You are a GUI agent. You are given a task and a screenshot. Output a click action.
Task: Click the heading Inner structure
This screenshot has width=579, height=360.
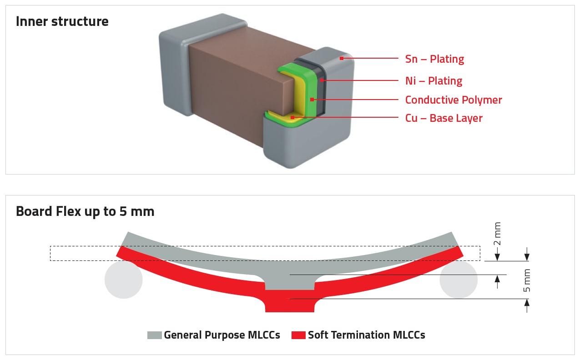(x=62, y=21)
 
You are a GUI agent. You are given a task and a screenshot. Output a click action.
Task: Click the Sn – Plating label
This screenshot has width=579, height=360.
(x=434, y=59)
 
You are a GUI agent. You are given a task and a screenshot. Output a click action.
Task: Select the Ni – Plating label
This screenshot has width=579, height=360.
(x=433, y=81)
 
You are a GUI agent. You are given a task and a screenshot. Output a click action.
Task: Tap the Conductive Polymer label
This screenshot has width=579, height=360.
(x=453, y=100)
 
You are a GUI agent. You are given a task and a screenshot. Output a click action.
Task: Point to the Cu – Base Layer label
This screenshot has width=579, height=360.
(x=443, y=118)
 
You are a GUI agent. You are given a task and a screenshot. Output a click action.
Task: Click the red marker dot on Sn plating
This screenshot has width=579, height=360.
(x=341, y=59)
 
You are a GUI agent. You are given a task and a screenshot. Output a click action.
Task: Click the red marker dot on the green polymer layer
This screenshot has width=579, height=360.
(x=312, y=99)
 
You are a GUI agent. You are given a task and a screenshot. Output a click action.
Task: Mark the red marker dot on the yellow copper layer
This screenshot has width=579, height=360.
(x=292, y=118)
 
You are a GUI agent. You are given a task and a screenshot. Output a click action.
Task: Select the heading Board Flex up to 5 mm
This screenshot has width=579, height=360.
(x=85, y=211)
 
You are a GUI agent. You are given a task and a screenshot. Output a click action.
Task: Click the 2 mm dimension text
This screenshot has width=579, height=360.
(x=497, y=234)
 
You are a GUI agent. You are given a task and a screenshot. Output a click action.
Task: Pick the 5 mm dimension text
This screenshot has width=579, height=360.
(x=527, y=281)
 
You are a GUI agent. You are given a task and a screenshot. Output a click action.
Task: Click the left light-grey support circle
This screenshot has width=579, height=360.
(x=123, y=280)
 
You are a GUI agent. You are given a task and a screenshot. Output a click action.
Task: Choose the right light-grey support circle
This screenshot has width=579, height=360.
(x=458, y=280)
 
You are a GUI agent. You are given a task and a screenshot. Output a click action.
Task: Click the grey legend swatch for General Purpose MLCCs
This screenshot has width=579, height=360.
(x=155, y=335)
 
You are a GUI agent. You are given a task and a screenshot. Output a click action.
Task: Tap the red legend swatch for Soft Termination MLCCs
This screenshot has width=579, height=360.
(x=298, y=335)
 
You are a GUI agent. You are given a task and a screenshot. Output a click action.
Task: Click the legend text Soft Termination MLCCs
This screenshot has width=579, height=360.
(x=366, y=335)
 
